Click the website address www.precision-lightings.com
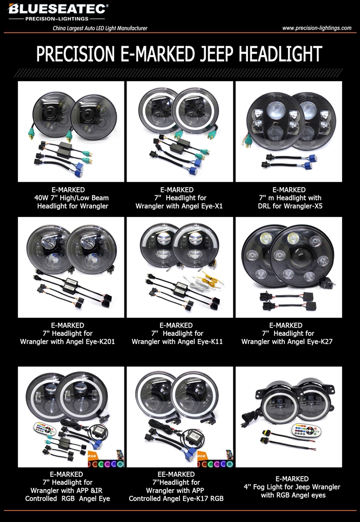pos(317,28)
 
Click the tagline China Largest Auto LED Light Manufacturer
pos(100,28)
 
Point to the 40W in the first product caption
pos(41,198)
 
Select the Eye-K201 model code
pos(99,341)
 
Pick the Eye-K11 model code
pos(208,341)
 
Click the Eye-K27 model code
pos(317,341)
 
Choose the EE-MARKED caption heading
pos(176,474)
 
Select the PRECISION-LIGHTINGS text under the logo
pos(57,19)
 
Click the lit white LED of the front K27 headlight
pos(293,238)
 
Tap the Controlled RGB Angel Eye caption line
pos(67,499)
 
